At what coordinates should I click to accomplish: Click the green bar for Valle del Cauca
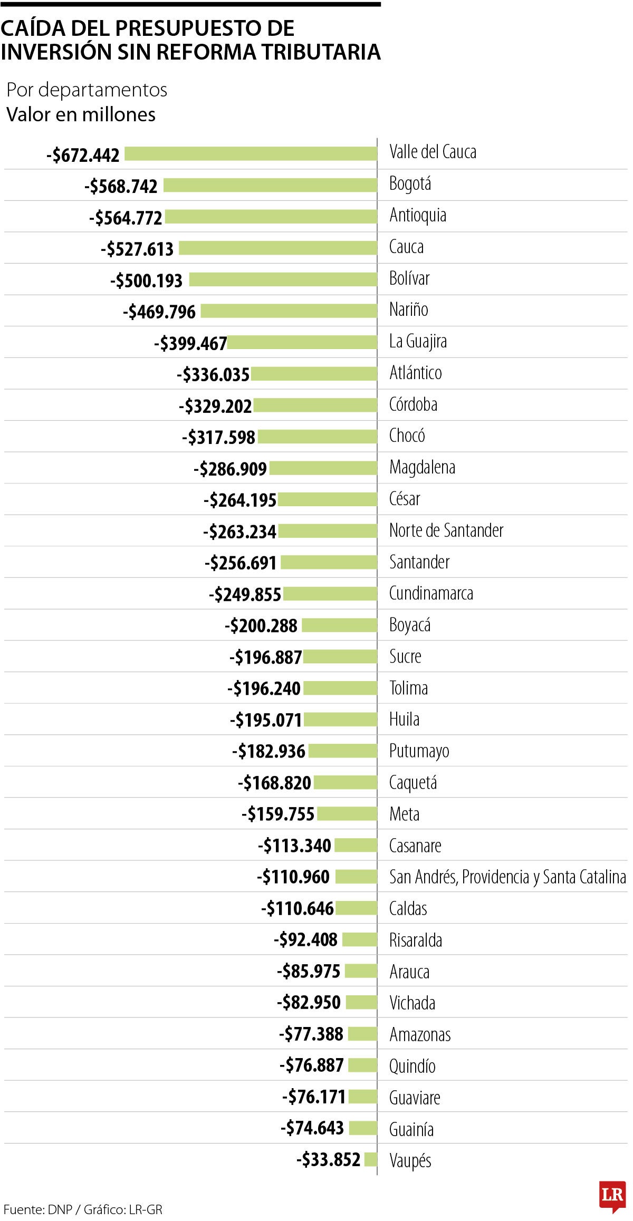coord(251,153)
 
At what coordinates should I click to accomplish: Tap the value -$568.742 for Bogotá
coord(121,186)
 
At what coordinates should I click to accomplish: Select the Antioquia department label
coord(418,215)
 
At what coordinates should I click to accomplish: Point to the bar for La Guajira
coord(302,343)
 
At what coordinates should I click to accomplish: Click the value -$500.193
coord(146,280)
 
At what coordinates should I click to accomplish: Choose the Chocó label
coord(407,435)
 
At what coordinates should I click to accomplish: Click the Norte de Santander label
coord(446,530)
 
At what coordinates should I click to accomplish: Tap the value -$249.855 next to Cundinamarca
coord(245,595)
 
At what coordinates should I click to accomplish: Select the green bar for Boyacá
coord(339,625)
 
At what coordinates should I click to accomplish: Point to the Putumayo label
coord(419,751)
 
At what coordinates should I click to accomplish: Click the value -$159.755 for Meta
coord(278,814)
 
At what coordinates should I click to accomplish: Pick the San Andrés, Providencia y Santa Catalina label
coord(507,877)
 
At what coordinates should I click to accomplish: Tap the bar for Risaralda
coord(359,940)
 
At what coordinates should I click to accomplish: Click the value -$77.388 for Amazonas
coord(311,1034)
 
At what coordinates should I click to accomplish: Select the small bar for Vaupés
coord(370,1160)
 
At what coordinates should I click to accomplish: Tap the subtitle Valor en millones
coord(81,114)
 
